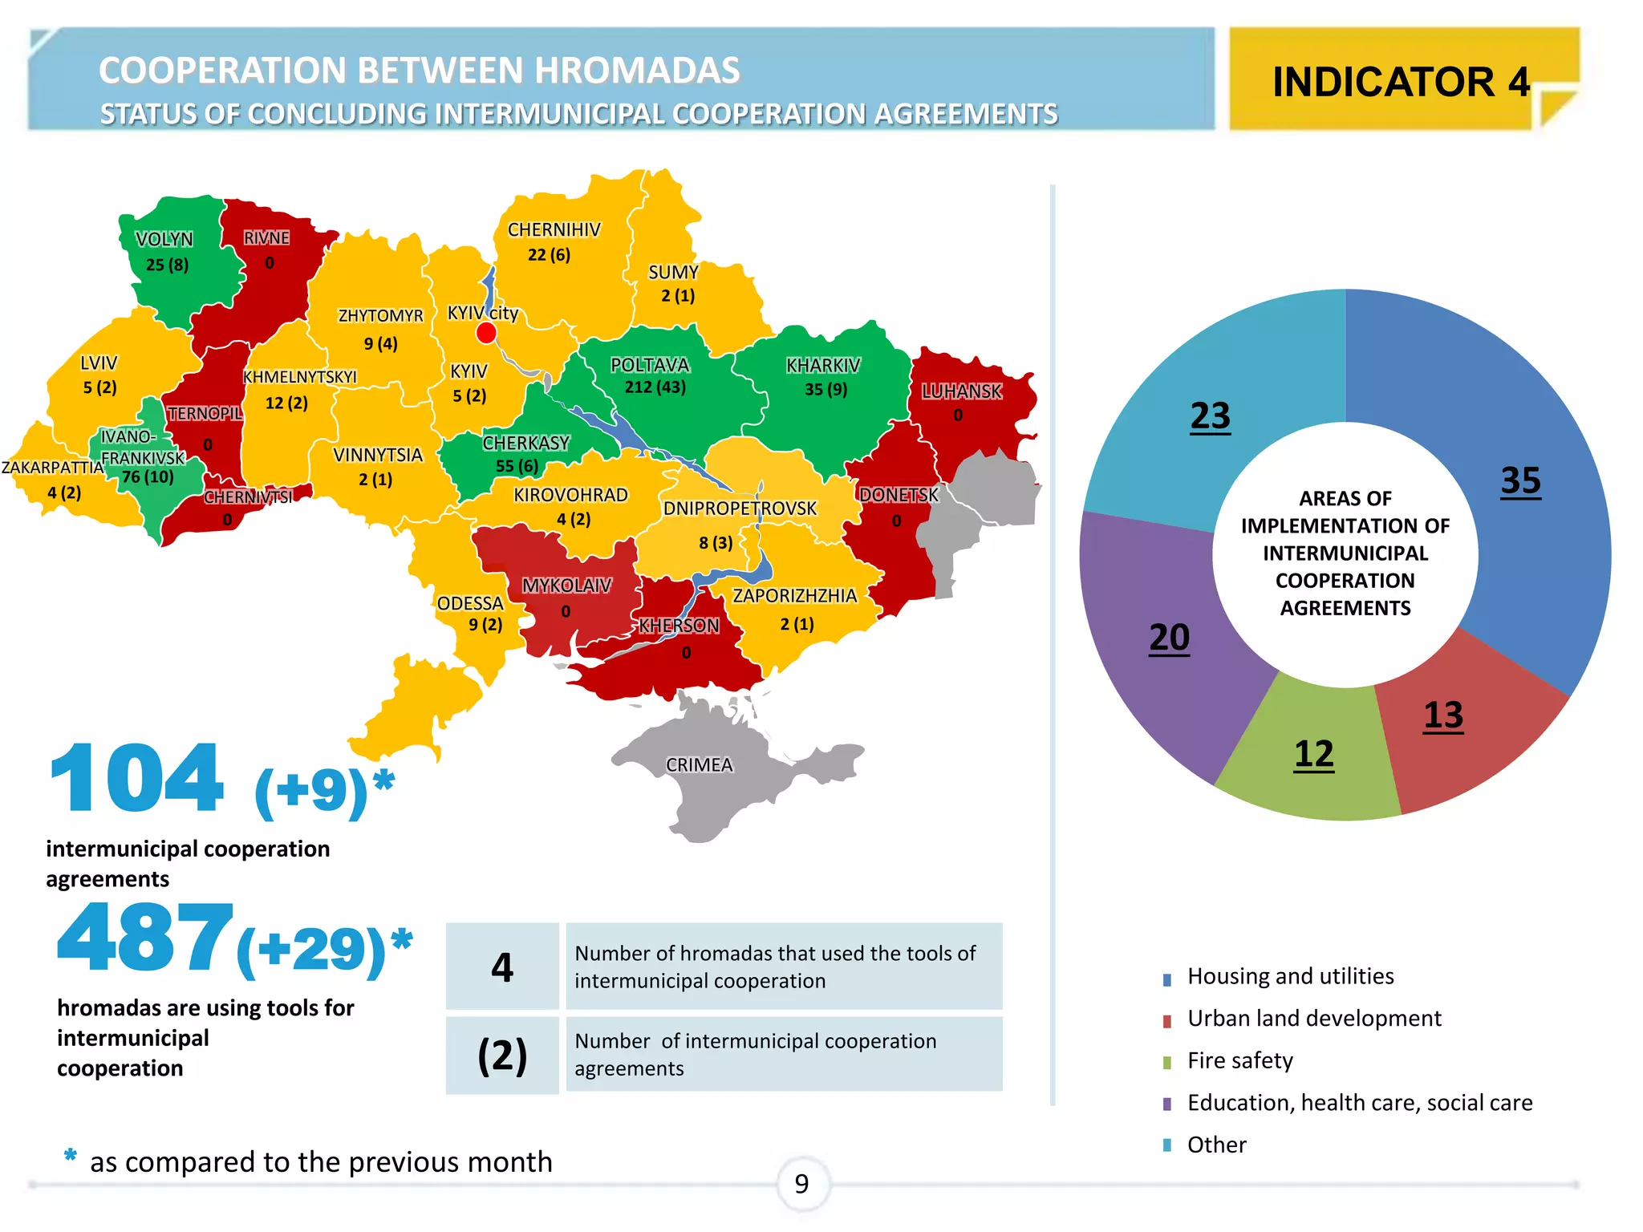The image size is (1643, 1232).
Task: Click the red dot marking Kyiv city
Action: [486, 333]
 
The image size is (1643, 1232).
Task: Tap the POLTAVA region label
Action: [650, 365]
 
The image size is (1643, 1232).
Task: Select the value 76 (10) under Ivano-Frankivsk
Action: [148, 477]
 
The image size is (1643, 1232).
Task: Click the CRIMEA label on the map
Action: [699, 765]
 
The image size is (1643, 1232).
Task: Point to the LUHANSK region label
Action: [961, 391]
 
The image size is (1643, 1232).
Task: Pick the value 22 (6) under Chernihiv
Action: [549, 255]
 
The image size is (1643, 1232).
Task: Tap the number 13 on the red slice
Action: [1443, 715]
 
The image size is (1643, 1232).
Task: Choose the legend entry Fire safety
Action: [1239, 1061]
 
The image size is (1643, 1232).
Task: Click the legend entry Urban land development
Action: [1313, 1019]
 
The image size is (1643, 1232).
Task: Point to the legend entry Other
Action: [1216, 1145]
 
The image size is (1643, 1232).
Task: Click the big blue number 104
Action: [136, 779]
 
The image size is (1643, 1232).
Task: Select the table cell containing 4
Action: [502, 967]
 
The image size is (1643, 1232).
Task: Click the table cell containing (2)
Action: [502, 1056]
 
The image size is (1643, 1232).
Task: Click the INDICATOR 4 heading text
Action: [1401, 82]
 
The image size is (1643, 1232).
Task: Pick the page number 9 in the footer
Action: [802, 1184]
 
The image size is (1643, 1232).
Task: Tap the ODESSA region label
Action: [470, 603]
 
